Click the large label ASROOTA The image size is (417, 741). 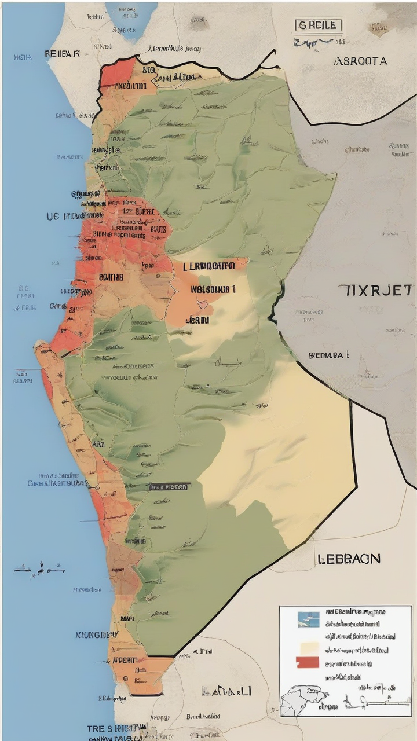click(x=360, y=60)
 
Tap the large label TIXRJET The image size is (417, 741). click(x=376, y=291)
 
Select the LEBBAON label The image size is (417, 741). click(x=349, y=559)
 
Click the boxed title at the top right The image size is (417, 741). click(x=319, y=26)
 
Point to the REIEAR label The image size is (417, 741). click(x=62, y=54)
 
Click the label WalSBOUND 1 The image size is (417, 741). click(x=213, y=288)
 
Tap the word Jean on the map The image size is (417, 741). click(x=197, y=318)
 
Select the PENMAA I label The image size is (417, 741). click(x=328, y=355)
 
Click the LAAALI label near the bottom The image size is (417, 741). click(x=226, y=691)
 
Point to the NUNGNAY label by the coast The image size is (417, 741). click(x=97, y=634)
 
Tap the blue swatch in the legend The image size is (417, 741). click(x=308, y=619)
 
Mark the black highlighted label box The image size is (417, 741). click(x=169, y=487)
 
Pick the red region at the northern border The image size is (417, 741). click(x=118, y=74)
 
